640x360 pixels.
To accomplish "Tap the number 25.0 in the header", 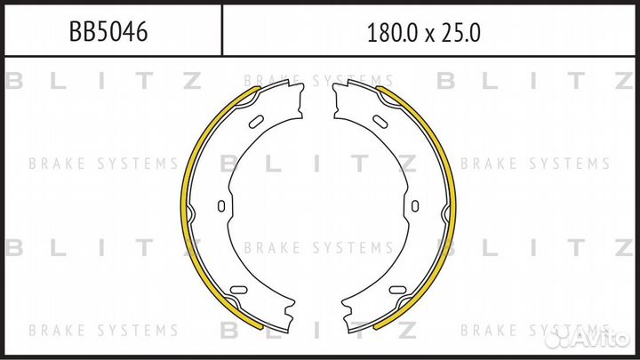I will pos(460,34).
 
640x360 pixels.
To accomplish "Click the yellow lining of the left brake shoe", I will pos(186,205).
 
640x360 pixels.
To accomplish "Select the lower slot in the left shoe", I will pos(238,290).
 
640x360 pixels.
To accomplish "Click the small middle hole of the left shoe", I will pos(220,206).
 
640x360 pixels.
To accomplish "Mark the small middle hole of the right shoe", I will pos(415,206).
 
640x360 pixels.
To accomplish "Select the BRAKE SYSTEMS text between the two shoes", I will pos(318,247).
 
